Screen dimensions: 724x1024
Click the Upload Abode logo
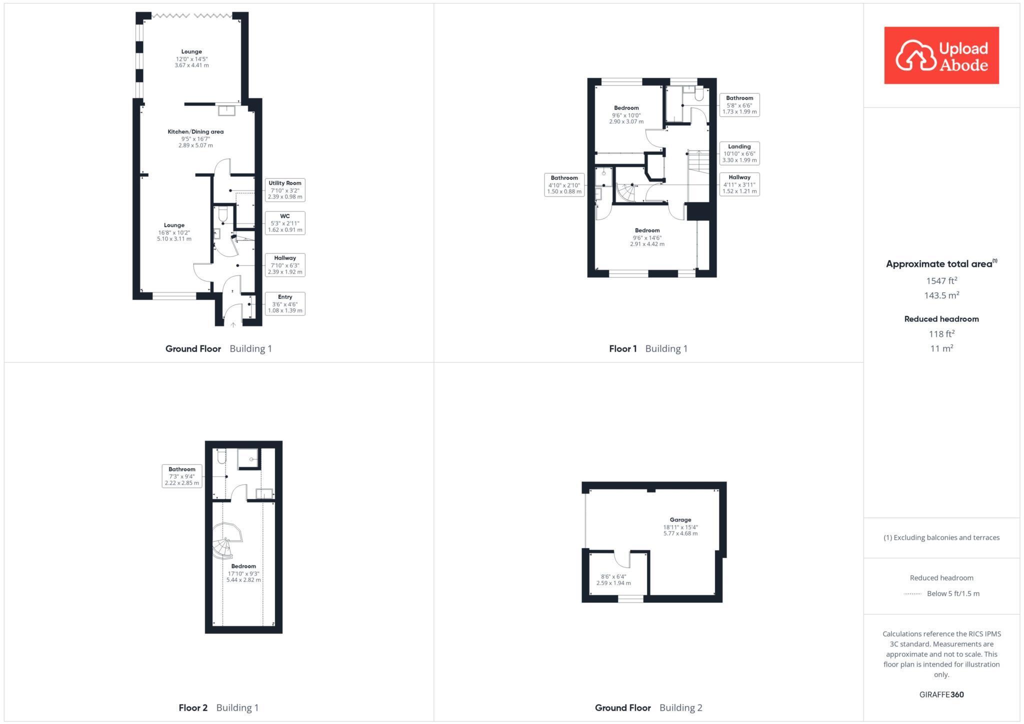941,55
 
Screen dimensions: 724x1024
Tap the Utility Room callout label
284,190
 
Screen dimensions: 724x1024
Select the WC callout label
284,223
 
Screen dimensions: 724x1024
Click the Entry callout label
284,303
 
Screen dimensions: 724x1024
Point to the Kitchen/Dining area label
195,132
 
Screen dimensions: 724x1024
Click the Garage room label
680,520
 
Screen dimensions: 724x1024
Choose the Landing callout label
739,153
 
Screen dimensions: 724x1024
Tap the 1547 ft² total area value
941,280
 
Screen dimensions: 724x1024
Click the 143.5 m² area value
941,295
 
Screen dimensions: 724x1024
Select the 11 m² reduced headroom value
941,348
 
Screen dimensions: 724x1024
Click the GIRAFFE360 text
941,694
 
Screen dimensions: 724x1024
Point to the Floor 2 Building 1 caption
218,707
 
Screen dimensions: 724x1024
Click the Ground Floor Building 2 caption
648,707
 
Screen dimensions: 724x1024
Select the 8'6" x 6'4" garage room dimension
613,580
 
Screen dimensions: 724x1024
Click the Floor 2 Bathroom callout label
182,476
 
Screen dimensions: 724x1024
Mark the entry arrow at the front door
233,324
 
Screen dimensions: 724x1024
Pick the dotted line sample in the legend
912,594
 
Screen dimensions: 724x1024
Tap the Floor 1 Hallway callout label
739,184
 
